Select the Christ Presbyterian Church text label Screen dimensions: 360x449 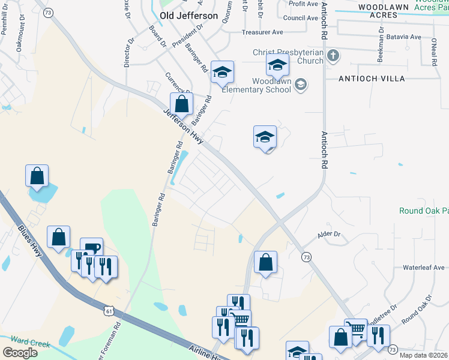point(288,56)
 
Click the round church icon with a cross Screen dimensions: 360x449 point(333,56)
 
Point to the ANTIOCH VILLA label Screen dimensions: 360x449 point(372,79)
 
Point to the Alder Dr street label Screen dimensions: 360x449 point(329,235)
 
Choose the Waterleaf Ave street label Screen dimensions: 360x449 point(424,268)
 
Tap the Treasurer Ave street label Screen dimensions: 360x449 point(262,32)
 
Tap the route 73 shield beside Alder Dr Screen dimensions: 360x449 point(307,257)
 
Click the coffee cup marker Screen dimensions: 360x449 point(91,249)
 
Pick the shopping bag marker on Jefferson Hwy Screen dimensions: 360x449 point(182,104)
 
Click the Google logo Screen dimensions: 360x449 point(20,353)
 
